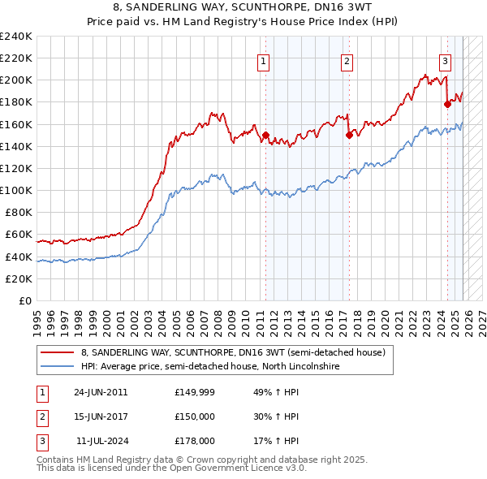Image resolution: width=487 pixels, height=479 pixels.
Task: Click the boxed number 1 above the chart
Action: click(265, 59)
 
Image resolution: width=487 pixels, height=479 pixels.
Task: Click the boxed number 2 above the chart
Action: click(347, 59)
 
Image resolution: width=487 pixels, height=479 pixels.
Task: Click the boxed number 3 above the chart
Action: click(446, 59)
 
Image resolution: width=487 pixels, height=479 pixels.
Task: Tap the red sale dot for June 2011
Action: click(265, 136)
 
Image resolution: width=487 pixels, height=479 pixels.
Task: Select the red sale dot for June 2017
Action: click(349, 136)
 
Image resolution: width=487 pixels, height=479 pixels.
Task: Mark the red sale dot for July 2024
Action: click(447, 105)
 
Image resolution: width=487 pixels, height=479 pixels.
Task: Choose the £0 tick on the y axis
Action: click(25, 300)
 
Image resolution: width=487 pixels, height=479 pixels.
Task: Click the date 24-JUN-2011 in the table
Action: click(101, 392)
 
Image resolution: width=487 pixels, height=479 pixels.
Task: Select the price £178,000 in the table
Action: click(195, 441)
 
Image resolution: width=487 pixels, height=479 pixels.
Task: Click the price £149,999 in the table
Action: click(195, 392)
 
